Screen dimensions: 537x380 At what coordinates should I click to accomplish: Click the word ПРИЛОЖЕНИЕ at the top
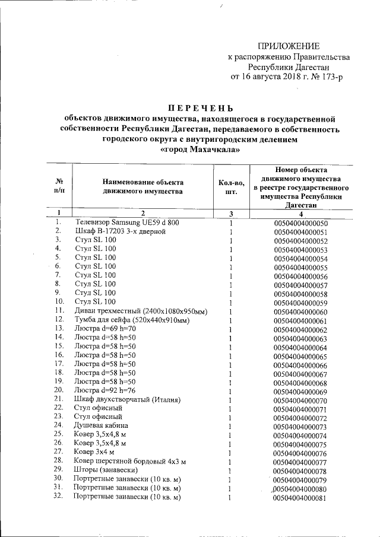pos(289,46)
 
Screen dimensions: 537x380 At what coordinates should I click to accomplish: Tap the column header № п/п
pos(59,186)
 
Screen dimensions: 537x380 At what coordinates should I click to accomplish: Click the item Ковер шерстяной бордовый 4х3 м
pos(129,461)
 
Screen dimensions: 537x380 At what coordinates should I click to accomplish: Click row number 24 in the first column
pos(58,425)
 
